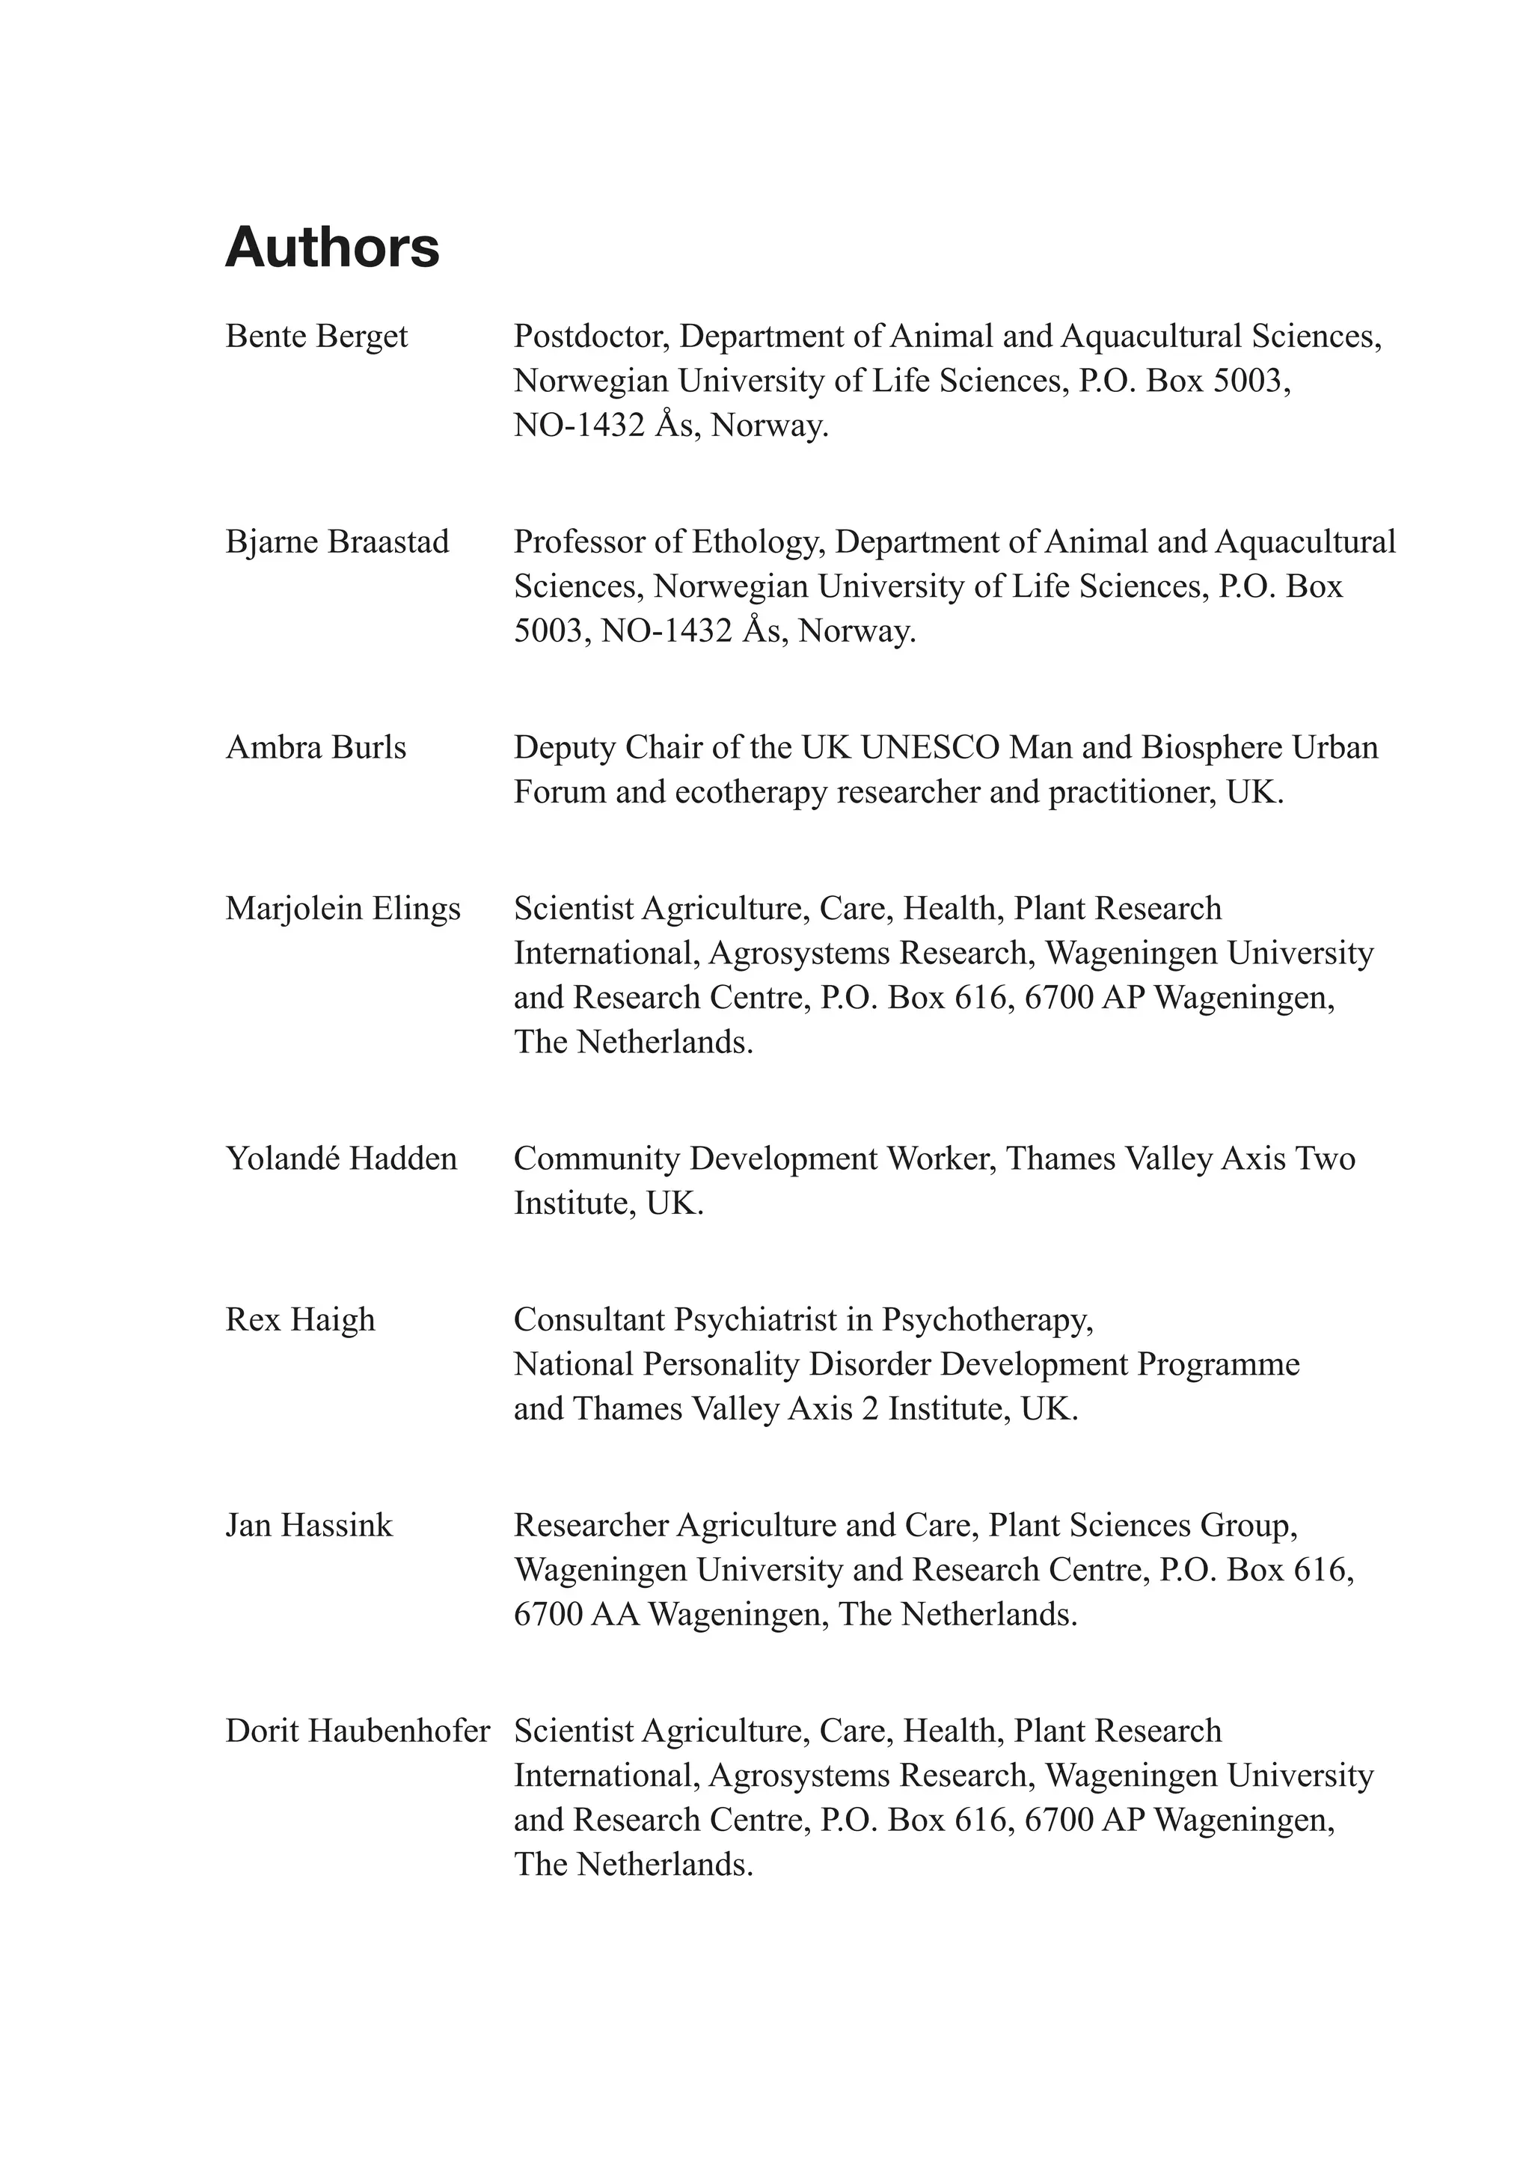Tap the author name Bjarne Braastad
click(337, 542)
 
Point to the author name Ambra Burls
click(315, 748)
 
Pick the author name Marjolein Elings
click(343, 909)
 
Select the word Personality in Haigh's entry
click(720, 1365)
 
